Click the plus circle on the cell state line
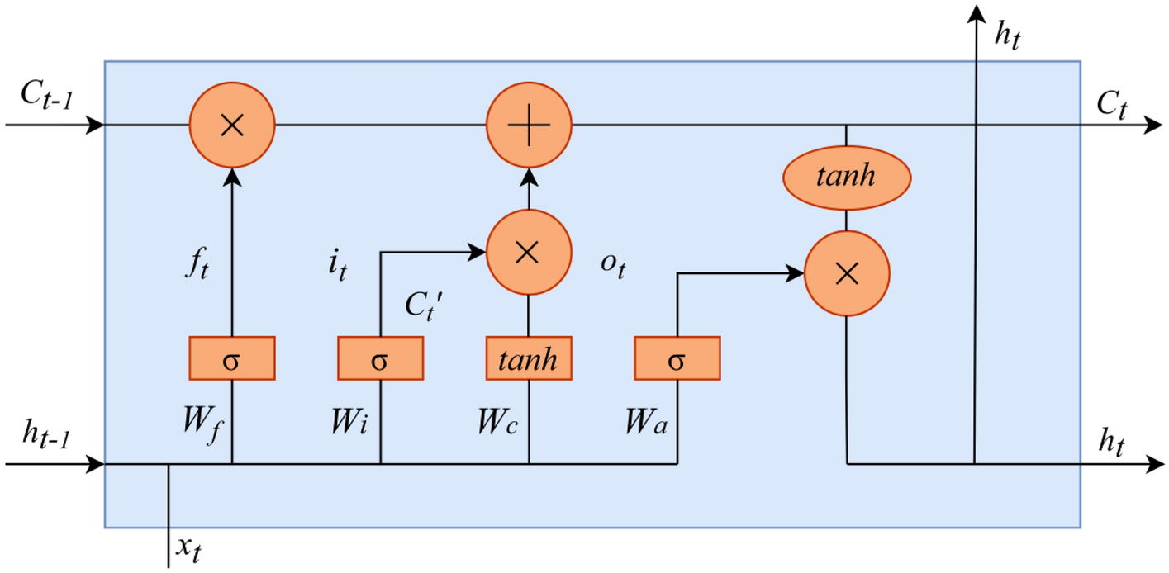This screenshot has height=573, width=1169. (x=529, y=125)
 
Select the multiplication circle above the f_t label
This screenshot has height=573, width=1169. (x=232, y=125)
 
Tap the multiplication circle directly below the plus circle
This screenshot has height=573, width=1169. (x=529, y=253)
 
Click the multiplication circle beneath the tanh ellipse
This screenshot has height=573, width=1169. (x=847, y=274)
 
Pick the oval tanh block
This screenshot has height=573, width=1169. (x=846, y=178)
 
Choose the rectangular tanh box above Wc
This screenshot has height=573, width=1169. (x=529, y=359)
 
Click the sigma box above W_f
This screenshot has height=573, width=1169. (x=232, y=359)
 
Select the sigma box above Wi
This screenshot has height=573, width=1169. (x=380, y=359)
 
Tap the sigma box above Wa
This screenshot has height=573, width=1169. (x=677, y=359)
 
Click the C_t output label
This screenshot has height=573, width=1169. (x=1111, y=105)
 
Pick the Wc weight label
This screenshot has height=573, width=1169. (x=498, y=422)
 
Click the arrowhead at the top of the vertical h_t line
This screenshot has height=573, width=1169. (x=977, y=13)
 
